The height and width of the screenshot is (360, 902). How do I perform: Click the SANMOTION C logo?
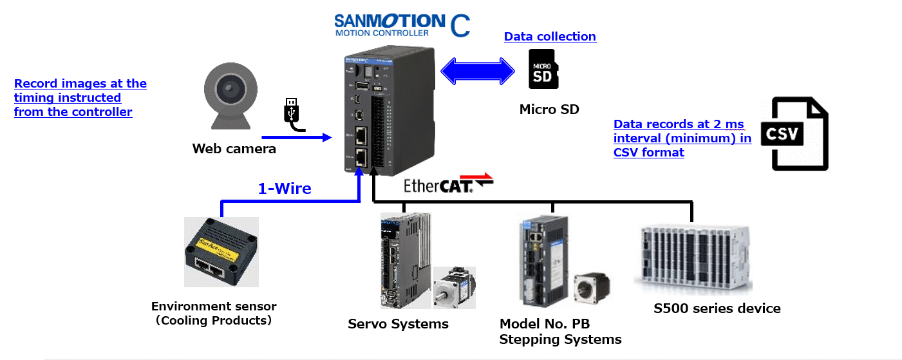(x=402, y=24)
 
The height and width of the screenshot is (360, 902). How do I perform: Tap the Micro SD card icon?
(x=543, y=69)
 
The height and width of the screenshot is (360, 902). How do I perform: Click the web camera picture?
(x=229, y=100)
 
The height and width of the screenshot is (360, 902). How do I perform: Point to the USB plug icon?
(x=292, y=113)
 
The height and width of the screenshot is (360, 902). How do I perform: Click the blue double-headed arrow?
(x=477, y=69)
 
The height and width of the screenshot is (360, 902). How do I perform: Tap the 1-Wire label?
(x=284, y=189)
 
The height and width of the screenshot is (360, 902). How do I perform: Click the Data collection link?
(x=550, y=37)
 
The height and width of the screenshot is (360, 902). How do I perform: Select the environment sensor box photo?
(x=221, y=251)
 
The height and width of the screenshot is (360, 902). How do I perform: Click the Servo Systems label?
(x=398, y=323)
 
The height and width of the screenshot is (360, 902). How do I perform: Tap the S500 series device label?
(x=717, y=308)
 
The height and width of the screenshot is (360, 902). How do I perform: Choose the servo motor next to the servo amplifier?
(x=454, y=288)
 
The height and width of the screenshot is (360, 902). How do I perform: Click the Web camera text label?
(x=234, y=149)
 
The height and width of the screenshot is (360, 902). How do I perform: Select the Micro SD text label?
(x=549, y=109)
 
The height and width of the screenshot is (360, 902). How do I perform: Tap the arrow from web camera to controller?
(x=296, y=137)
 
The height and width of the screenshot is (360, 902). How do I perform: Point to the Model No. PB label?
(x=545, y=323)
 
